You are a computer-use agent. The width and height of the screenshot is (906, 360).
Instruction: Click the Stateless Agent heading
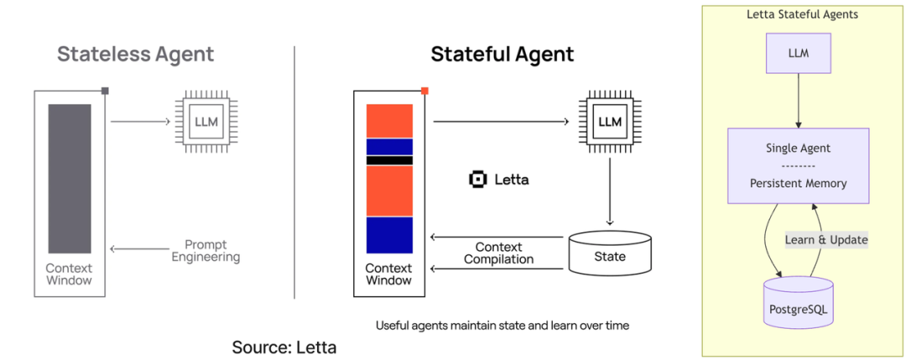point(135,55)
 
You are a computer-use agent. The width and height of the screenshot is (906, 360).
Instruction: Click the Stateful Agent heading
point(502,55)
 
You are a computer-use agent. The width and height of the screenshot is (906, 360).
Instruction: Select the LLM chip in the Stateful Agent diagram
point(610,123)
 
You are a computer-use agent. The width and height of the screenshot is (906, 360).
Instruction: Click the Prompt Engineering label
point(206,251)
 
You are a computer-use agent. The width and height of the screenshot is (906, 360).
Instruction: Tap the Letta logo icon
point(478,180)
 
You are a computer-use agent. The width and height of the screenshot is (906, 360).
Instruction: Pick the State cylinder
point(609,254)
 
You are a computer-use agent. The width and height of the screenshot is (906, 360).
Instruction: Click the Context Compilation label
point(498,253)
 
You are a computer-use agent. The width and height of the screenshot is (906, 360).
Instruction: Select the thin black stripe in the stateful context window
point(388,160)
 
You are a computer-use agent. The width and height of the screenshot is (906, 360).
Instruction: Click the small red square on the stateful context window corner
point(424,91)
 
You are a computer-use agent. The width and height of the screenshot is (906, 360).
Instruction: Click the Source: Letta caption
point(284,347)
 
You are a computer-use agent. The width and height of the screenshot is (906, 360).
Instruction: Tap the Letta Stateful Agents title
point(802,14)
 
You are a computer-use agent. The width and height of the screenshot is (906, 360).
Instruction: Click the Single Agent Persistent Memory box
point(798,165)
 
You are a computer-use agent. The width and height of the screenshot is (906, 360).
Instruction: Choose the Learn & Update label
point(826,240)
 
